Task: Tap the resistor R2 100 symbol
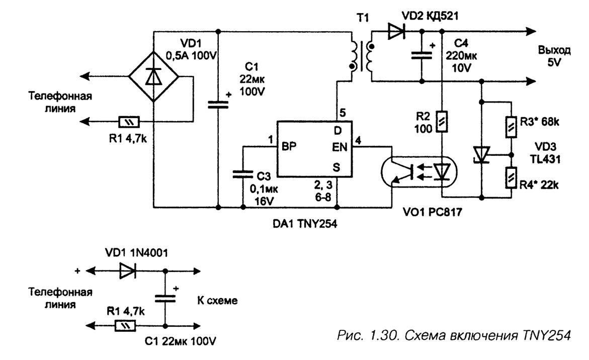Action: [441, 121]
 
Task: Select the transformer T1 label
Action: [362, 19]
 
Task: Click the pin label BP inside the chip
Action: [289, 146]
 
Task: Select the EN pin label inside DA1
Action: [340, 146]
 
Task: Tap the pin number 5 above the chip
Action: [342, 113]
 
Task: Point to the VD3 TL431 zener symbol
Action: [481, 154]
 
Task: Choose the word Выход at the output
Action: [554, 50]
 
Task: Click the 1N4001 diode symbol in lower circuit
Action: [127, 271]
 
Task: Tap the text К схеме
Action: [217, 301]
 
